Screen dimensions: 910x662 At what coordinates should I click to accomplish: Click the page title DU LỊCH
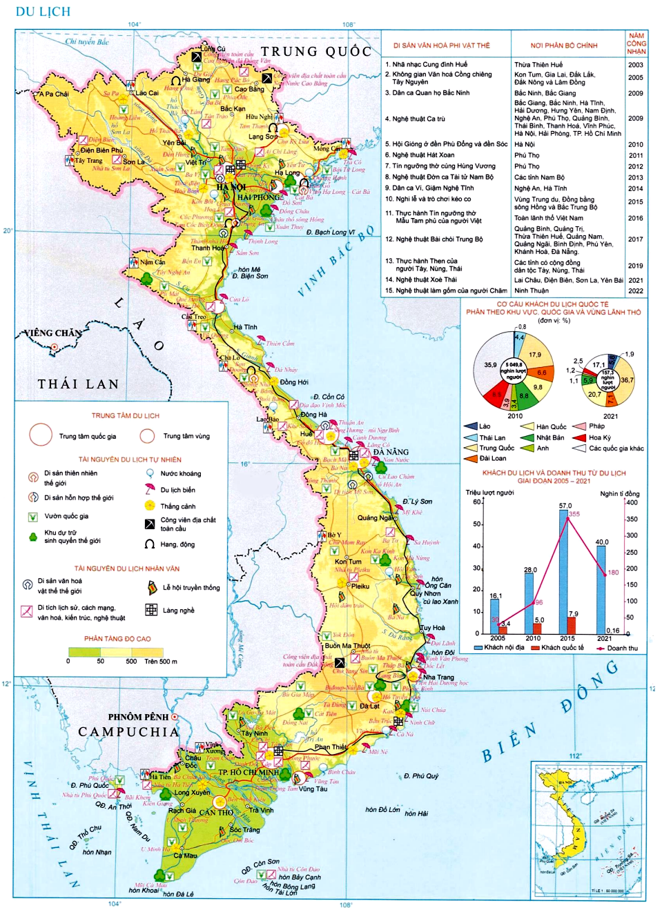point(43,12)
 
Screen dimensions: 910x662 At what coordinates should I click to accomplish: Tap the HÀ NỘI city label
point(231,187)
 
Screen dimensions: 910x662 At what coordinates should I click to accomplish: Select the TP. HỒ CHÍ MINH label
point(249,772)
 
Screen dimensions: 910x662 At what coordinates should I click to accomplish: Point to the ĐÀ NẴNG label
point(391,453)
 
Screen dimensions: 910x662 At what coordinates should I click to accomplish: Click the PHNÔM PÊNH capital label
point(138,717)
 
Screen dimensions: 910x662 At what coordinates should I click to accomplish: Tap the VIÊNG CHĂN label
point(53,333)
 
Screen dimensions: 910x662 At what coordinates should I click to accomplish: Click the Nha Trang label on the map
point(438,677)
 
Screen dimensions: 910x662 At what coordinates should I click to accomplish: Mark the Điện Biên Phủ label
point(101,150)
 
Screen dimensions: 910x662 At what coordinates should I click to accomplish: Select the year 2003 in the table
point(635,65)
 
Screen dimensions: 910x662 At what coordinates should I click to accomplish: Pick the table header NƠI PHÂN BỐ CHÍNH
point(564,46)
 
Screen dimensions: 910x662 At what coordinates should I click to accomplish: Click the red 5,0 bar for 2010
point(538,628)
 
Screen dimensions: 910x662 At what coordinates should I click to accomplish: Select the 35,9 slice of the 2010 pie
point(491,365)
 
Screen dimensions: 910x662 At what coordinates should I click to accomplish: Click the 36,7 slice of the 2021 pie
point(626,380)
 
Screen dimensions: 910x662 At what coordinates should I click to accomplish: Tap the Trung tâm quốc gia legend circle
point(41,435)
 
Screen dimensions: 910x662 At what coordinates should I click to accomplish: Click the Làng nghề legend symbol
point(151,610)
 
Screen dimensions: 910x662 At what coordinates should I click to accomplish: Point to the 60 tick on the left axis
point(476,502)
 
